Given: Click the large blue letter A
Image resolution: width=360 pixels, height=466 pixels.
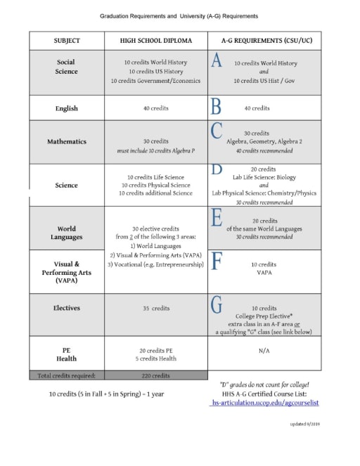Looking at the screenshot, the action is coord(217,62).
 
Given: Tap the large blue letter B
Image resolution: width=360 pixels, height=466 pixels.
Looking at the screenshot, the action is coord(216,107).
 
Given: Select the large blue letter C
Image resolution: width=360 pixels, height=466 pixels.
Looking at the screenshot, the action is coord(217,131).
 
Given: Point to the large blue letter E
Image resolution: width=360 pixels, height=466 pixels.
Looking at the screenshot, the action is coord(217,218).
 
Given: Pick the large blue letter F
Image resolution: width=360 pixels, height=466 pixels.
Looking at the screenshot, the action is coord(217,262).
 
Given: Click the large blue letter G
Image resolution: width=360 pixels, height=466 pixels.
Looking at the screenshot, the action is coord(217,305).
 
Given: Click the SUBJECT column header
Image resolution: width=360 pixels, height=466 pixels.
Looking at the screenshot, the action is coord(66,41).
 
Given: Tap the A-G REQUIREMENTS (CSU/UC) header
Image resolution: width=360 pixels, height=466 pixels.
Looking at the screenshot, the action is coord(265,41).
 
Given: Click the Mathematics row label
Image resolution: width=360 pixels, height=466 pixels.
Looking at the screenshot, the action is coord(66,141).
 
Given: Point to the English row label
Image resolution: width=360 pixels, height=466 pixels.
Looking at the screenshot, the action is coord(66,108).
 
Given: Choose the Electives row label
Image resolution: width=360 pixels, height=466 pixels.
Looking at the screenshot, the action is coord(66,308).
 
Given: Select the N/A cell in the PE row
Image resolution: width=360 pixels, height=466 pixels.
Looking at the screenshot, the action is coord(264,349).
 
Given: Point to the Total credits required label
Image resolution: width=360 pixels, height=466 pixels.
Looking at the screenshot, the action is coord(66,375).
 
